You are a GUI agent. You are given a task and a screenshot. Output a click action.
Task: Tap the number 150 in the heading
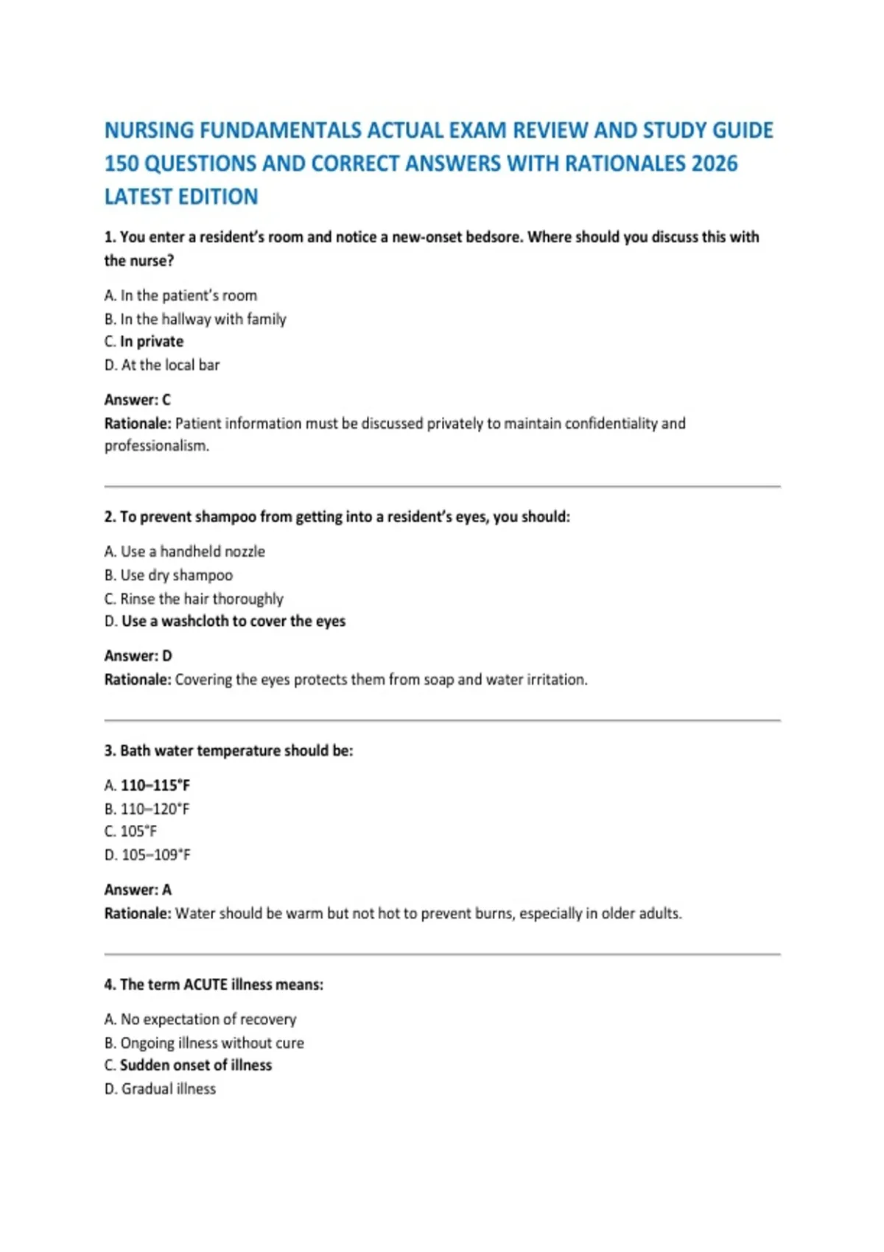pyautogui.click(x=121, y=163)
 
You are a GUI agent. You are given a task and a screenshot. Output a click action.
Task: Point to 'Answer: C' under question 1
pyautogui.click(x=137, y=400)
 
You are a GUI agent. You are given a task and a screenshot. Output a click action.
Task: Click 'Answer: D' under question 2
pyautogui.click(x=138, y=656)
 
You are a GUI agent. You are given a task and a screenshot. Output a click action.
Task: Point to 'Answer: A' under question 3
pyautogui.click(x=138, y=890)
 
